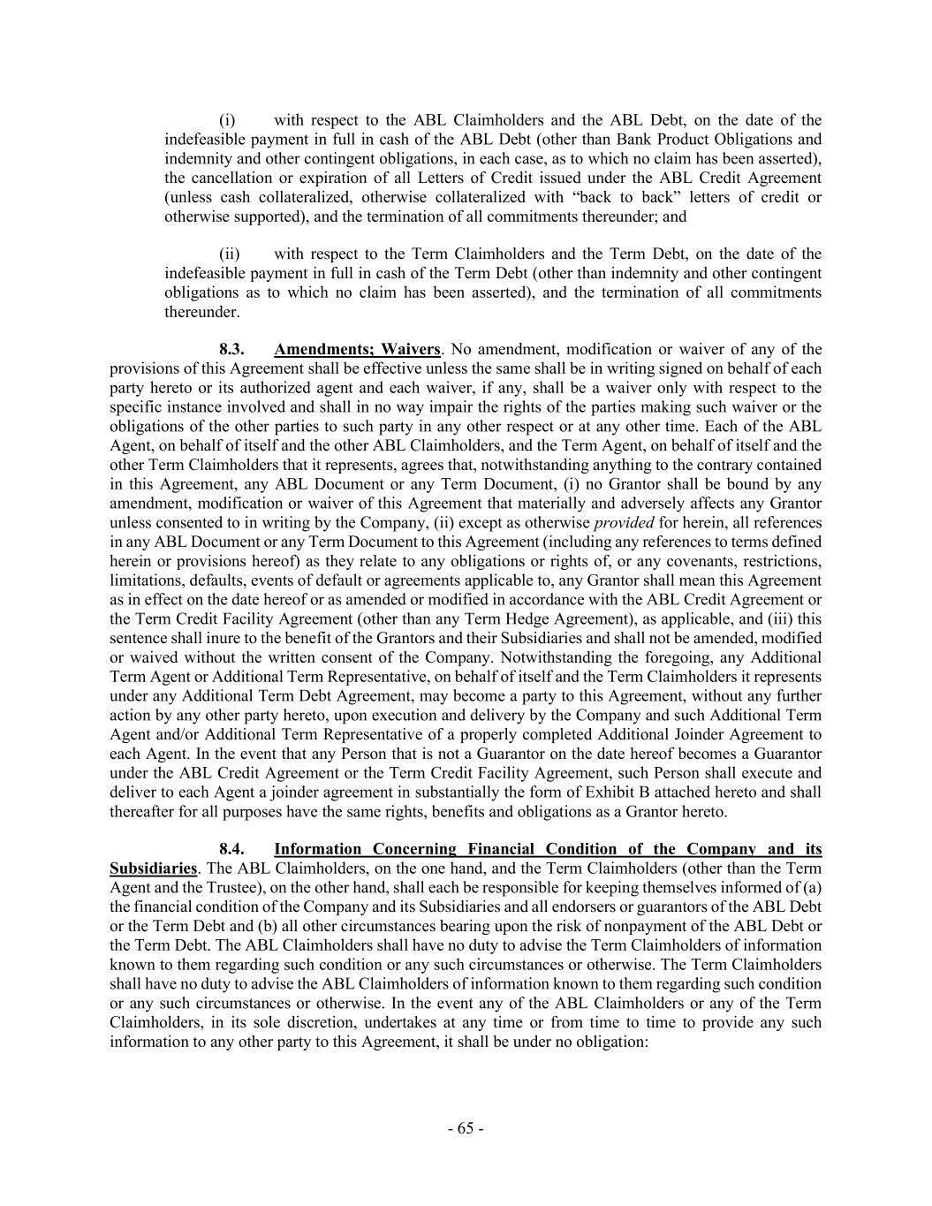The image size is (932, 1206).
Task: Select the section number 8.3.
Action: click(231, 349)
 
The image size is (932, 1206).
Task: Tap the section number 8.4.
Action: click(231, 849)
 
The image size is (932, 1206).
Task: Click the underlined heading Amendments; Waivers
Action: click(357, 349)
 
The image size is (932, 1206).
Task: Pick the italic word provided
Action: click(624, 522)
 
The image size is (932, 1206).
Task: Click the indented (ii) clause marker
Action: click(229, 254)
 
